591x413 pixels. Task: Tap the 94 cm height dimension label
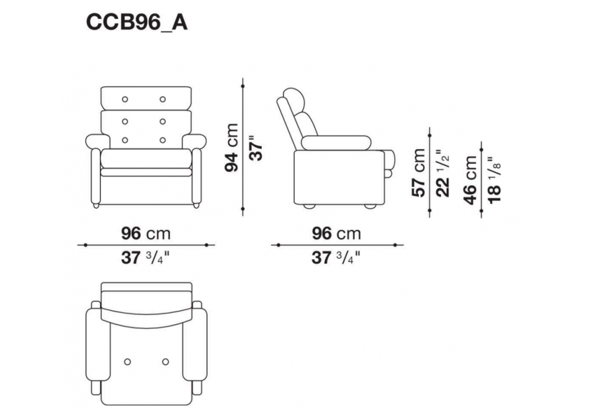tap(232, 147)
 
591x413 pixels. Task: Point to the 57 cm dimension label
tap(418, 173)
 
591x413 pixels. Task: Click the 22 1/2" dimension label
tap(443, 173)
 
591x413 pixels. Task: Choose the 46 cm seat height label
tap(470, 180)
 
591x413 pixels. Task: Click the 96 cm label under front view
tap(146, 234)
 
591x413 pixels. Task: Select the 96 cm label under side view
tap(337, 234)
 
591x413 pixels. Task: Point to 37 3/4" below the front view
tap(145, 258)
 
